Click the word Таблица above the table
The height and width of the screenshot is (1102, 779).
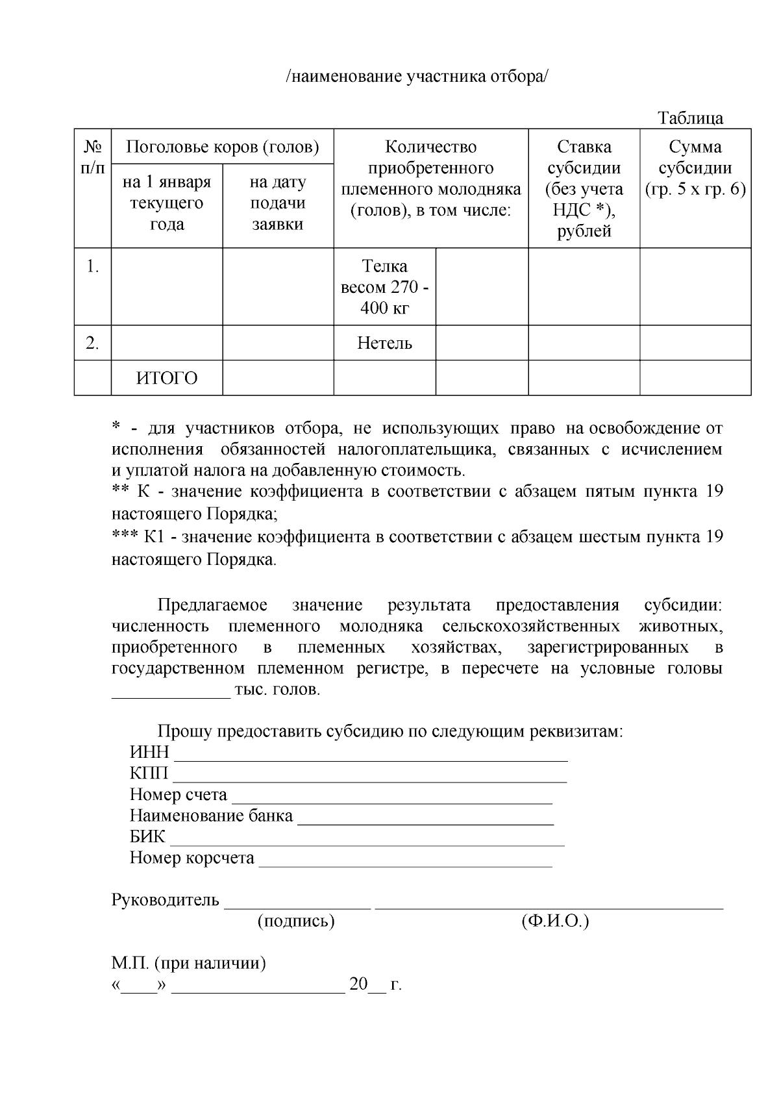[690, 118]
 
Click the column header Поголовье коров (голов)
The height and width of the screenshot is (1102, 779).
[222, 147]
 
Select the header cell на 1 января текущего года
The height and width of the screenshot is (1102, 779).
[167, 203]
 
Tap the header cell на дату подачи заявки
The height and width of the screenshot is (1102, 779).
[278, 203]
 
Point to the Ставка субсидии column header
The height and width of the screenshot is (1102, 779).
[584, 188]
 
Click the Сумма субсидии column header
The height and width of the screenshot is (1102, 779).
[695, 168]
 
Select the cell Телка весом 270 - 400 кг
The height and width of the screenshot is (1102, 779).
[384, 286]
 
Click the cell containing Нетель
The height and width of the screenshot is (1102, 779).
[384, 343]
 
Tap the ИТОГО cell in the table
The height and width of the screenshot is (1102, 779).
[167, 378]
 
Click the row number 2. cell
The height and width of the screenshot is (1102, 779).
[92, 343]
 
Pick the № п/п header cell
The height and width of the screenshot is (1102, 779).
[92, 157]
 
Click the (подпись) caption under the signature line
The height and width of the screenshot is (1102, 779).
[296, 921]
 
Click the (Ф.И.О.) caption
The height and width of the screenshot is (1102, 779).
[554, 921]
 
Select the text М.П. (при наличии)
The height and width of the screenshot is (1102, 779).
[189, 963]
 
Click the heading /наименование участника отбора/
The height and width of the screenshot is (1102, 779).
[417, 77]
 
